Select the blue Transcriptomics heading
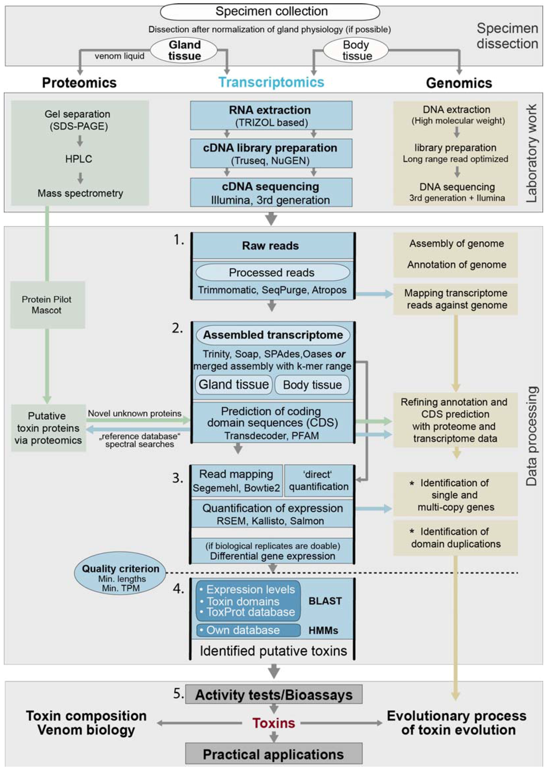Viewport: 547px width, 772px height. click(271, 82)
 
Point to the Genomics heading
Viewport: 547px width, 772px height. click(459, 83)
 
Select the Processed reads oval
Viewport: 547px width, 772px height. click(272, 272)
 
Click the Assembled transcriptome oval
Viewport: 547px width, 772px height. click(273, 335)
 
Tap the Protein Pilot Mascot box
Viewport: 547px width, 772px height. click(47, 305)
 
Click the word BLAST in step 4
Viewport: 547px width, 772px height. click(325, 601)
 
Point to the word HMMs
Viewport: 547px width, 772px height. click(323, 630)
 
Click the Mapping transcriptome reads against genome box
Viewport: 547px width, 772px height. click(455, 299)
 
